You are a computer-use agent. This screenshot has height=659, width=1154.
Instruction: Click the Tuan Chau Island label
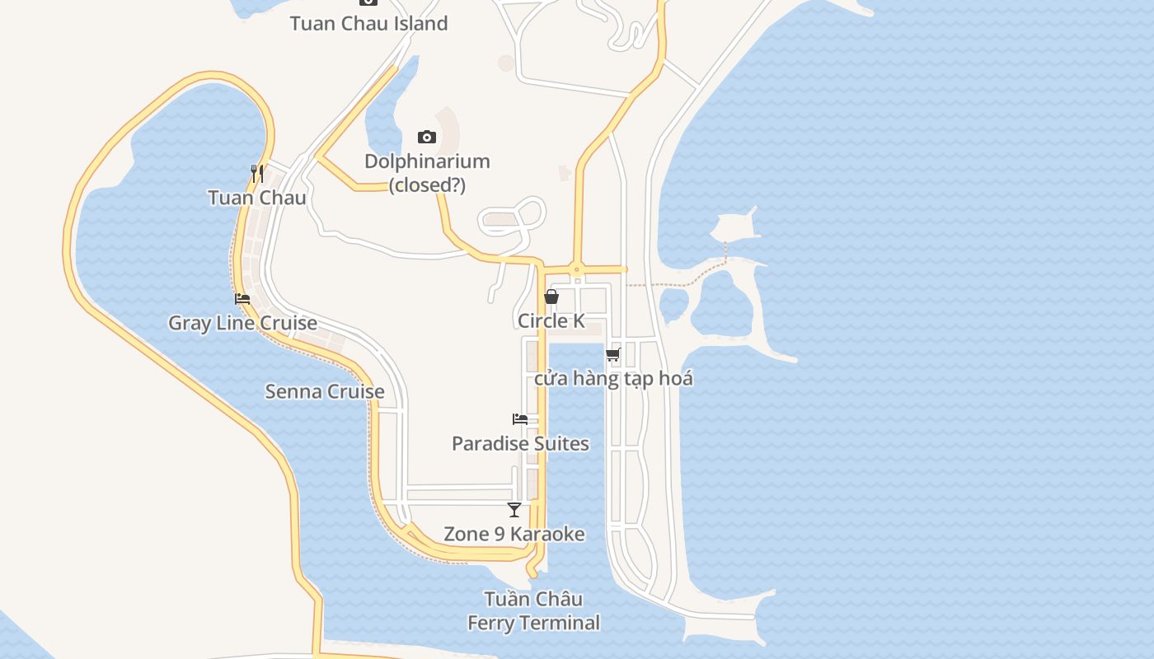pyautogui.click(x=368, y=23)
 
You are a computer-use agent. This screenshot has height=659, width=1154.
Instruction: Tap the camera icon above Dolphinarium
pyautogui.click(x=426, y=137)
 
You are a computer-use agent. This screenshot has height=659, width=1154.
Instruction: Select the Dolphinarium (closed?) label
pyautogui.click(x=427, y=173)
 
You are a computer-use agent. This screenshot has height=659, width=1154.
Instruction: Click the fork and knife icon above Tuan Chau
pyautogui.click(x=257, y=173)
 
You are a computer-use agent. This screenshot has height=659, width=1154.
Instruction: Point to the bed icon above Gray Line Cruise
pyautogui.click(x=242, y=299)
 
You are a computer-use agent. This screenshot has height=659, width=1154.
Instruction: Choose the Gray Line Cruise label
pyautogui.click(x=242, y=323)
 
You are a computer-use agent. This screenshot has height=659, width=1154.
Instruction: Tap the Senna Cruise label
pyautogui.click(x=324, y=391)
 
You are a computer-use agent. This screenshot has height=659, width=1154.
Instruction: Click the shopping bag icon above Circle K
pyautogui.click(x=551, y=297)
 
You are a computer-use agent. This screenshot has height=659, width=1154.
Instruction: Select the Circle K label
pyautogui.click(x=551, y=320)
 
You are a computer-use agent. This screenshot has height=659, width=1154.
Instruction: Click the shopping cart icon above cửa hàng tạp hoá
pyautogui.click(x=612, y=355)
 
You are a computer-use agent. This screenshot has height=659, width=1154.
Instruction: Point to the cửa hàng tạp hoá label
pyautogui.click(x=613, y=379)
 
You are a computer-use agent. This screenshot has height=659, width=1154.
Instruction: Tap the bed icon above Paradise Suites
pyautogui.click(x=520, y=419)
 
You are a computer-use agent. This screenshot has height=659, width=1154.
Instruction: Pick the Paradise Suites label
pyautogui.click(x=520, y=443)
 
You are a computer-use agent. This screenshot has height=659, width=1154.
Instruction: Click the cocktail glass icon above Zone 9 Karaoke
pyautogui.click(x=514, y=510)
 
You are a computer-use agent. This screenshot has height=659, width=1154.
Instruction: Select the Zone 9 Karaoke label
pyautogui.click(x=514, y=534)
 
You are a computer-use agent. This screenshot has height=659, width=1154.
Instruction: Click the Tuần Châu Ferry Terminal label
pyautogui.click(x=533, y=610)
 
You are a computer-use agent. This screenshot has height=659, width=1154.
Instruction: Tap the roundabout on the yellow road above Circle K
pyautogui.click(x=576, y=269)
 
